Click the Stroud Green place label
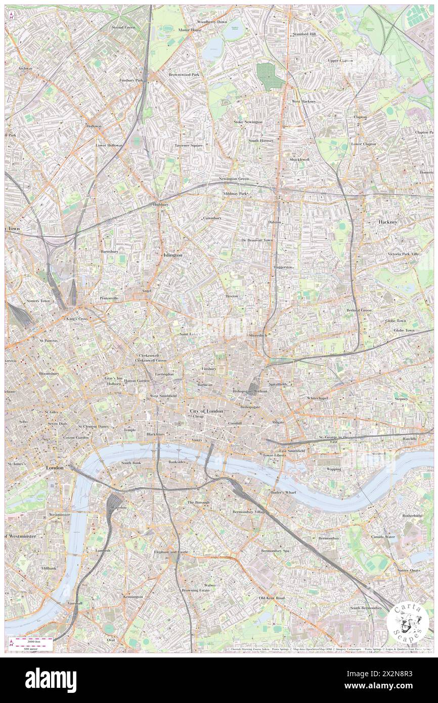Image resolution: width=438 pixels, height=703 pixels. click(x=123, y=27)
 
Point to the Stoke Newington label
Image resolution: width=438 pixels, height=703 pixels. click(x=248, y=122)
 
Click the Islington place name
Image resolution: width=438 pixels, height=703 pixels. click(x=172, y=255)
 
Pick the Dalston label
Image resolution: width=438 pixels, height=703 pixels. click(x=275, y=222)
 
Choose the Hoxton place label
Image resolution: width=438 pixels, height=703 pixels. click(x=232, y=295)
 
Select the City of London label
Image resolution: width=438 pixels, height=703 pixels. click(x=206, y=411)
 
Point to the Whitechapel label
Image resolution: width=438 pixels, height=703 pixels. click(x=317, y=399)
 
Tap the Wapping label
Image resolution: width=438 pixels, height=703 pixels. click(x=333, y=469)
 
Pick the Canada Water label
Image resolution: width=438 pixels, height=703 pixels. click(x=383, y=536)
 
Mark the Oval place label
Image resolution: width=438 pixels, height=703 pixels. click(x=111, y=640)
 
